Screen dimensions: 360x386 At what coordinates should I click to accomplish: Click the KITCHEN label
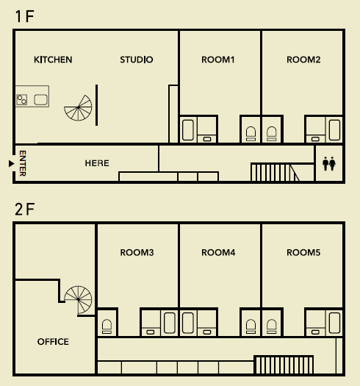(x=53, y=60)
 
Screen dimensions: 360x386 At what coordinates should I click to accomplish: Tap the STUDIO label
(x=137, y=60)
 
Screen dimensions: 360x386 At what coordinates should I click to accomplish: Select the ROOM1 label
(x=218, y=60)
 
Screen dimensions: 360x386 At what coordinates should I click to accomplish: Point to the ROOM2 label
(x=303, y=60)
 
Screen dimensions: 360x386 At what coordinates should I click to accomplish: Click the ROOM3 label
(x=137, y=253)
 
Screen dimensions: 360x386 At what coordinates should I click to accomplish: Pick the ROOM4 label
(x=218, y=253)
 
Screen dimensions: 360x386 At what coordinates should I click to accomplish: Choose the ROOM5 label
(x=303, y=253)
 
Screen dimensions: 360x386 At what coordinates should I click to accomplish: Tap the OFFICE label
(x=53, y=342)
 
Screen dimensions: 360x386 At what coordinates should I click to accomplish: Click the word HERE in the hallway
(x=97, y=163)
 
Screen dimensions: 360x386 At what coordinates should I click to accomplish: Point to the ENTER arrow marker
(x=11, y=163)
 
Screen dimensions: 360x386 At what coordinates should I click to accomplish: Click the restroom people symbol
(x=329, y=163)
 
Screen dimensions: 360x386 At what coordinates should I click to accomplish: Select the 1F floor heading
(x=24, y=16)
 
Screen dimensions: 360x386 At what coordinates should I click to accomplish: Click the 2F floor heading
(x=24, y=210)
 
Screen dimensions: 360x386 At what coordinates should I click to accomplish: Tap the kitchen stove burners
(x=22, y=100)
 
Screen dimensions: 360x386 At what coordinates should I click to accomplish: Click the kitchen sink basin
(x=40, y=100)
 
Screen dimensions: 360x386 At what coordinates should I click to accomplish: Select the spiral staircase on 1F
(x=79, y=108)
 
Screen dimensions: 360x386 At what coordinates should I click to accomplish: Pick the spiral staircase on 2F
(x=79, y=300)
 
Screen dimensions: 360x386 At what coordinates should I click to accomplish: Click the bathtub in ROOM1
(x=188, y=130)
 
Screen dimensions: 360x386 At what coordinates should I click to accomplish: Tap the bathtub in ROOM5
(x=335, y=323)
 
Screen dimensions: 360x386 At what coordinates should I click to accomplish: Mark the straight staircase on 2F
(x=284, y=365)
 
